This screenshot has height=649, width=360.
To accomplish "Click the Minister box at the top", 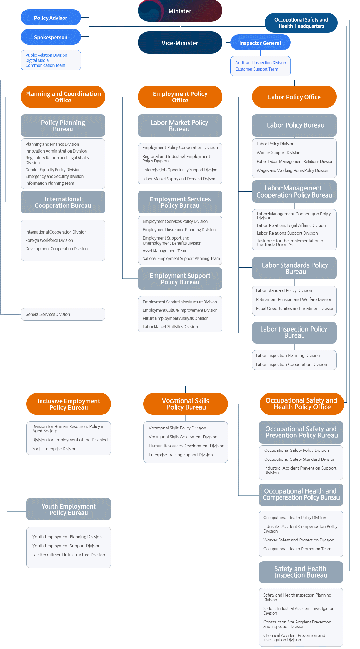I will [180, 11].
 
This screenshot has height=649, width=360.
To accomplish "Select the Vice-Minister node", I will [180, 43].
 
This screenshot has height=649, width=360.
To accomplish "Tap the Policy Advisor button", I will [51, 18].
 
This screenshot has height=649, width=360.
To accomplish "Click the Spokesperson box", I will [51, 37].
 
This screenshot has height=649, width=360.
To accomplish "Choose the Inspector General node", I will [260, 43].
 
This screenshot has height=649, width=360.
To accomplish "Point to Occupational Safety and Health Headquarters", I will [301, 23].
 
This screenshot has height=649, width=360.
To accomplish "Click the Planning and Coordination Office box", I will [63, 97].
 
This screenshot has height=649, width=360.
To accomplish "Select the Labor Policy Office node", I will [294, 97].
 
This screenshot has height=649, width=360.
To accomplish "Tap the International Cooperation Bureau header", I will [63, 202].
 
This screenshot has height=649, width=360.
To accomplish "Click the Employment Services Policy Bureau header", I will [180, 202].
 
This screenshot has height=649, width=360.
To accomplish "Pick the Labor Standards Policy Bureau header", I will [294, 268].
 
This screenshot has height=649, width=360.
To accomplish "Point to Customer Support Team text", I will [257, 69].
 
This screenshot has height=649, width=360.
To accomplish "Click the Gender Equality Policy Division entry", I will [53, 170].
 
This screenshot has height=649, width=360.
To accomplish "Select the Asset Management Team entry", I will [165, 251].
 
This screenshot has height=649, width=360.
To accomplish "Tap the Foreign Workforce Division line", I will [49, 240].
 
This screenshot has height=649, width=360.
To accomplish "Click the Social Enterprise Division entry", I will [54, 449].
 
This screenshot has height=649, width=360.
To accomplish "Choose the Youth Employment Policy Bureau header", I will [69, 510].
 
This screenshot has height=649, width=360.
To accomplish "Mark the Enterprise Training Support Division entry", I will [181, 455].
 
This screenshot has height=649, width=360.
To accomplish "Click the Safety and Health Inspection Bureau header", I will [301, 572].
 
